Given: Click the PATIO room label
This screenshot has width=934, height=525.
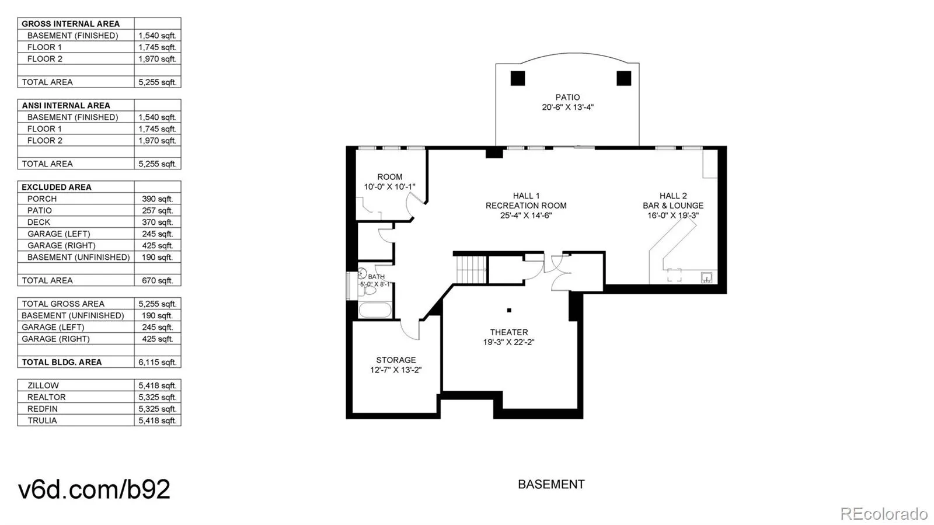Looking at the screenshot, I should tap(567, 98).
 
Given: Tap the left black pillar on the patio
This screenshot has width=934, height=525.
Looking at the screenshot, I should tap(518, 78).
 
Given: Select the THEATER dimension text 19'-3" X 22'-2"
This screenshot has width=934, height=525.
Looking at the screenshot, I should tap(508, 342).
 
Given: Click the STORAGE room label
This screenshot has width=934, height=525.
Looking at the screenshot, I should tap(396, 360).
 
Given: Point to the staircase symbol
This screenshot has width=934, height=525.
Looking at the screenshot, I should tap(471, 269).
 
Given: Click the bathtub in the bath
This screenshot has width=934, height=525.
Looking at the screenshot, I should tap(374, 310).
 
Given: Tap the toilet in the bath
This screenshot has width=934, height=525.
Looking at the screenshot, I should tap(370, 290).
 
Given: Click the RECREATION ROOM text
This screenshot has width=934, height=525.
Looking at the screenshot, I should tap(526, 206).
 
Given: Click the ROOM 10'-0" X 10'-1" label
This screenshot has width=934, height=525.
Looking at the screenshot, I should tap(389, 182).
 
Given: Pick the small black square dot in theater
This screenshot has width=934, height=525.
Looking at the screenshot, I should tap(509, 310).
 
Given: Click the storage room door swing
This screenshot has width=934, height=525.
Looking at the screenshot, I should tap(411, 330).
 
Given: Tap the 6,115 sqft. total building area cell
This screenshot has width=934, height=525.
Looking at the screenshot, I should tap(157, 362).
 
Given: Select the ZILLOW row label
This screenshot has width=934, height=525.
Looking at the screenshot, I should tap(43, 385).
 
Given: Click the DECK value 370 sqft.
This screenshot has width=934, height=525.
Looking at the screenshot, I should tap(157, 222).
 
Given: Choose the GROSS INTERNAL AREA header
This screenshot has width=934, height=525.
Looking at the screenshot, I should tap(70, 24).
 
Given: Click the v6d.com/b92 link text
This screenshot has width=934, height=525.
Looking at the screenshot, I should tap(94, 489).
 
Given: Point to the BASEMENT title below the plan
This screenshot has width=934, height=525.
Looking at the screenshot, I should tap(551, 484).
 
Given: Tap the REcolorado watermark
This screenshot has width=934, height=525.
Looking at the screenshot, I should tap(883, 513).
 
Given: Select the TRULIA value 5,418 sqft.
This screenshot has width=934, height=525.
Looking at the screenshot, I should tap(157, 420).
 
